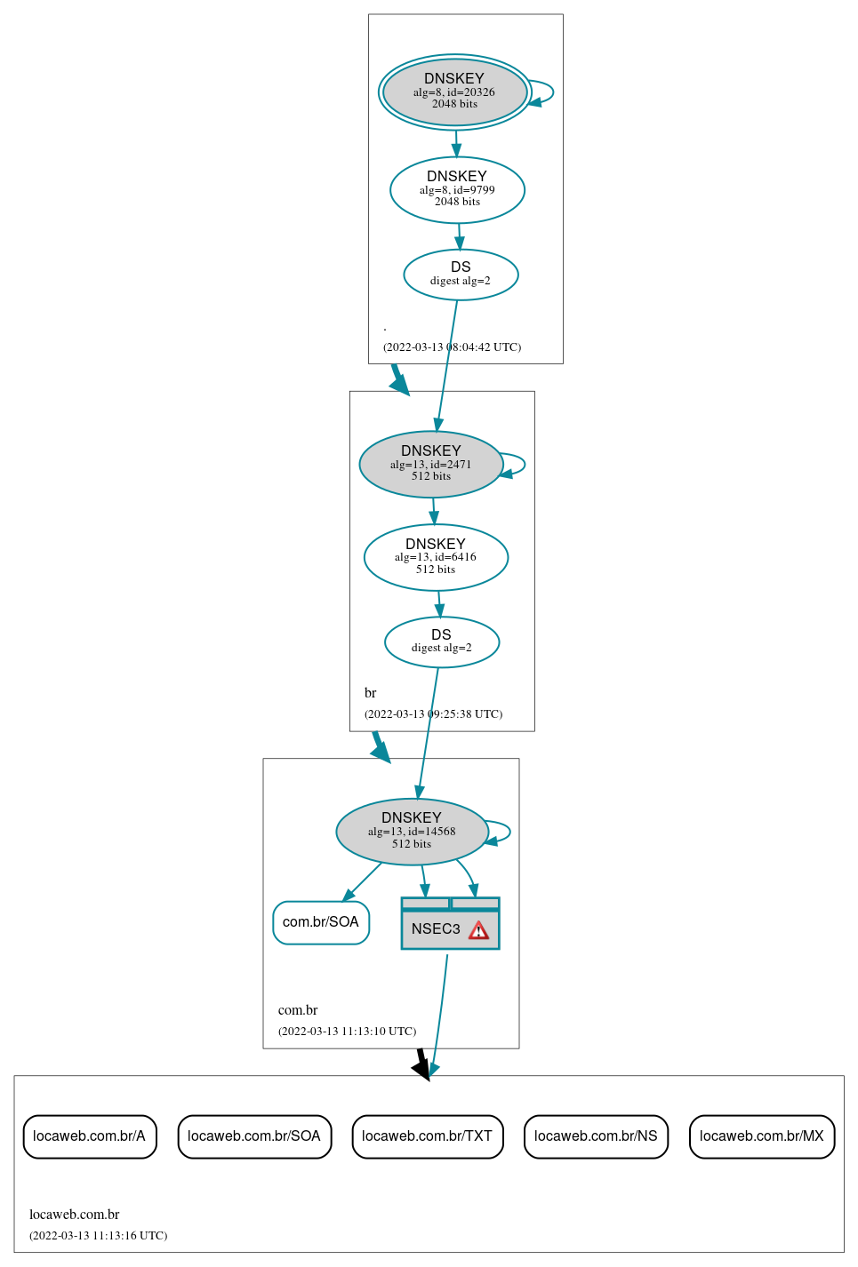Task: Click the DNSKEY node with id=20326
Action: [454, 92]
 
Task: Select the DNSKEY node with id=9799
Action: [457, 190]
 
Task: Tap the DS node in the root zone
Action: [461, 275]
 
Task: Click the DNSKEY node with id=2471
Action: [431, 465]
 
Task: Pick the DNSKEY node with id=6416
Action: [436, 557]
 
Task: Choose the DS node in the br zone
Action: [442, 641]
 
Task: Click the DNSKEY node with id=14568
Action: [412, 832]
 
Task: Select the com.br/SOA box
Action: [321, 922]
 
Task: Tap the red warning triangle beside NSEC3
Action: [478, 930]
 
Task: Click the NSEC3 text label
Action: [436, 929]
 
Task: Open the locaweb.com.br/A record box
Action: [90, 1136]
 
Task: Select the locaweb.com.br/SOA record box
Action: [254, 1136]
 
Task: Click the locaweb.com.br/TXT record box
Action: [428, 1136]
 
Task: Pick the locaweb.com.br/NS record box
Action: [596, 1136]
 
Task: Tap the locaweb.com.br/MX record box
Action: [762, 1136]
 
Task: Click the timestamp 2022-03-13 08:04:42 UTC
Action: [452, 347]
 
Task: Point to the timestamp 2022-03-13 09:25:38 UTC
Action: [433, 714]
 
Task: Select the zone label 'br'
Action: [370, 693]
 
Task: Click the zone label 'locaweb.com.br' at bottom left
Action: [74, 1215]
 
